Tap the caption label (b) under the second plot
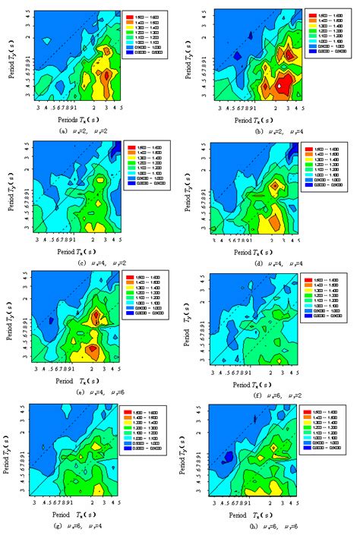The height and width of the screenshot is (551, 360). pos(242,131)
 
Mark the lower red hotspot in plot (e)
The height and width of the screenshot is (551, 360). pos(92,350)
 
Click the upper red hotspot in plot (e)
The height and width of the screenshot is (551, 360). pos(96,316)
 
